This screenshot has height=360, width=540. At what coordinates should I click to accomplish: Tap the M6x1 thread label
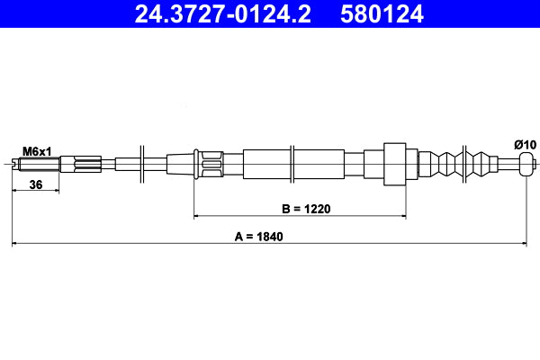36,151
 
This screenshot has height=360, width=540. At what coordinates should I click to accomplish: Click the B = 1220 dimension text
307,209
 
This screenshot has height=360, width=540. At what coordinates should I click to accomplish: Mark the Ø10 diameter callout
525,145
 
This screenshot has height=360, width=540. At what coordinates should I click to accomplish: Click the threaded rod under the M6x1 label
40,164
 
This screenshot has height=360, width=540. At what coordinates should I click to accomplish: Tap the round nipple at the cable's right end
527,164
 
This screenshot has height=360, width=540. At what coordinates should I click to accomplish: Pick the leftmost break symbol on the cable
142,164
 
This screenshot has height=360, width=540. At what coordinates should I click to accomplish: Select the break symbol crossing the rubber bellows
463,164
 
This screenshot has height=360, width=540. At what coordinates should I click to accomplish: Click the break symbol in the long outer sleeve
292,164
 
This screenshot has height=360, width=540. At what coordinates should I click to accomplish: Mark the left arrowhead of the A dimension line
15,244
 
